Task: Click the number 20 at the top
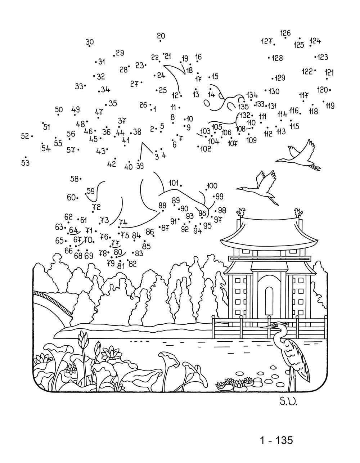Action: pos(161,36)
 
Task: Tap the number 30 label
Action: pos(90,42)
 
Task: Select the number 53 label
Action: pos(25,163)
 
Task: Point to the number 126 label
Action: pos(285,33)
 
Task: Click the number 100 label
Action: pos(212,186)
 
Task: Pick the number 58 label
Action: pos(74,179)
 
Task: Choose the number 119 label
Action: pos(330,105)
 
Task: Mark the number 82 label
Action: pos(132,264)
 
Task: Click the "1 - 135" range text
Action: pos(276,440)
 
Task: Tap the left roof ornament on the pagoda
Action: pos(241,212)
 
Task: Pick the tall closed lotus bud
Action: pos(84,338)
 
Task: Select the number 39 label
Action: pos(140,166)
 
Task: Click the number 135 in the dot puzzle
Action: pos(243,106)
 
